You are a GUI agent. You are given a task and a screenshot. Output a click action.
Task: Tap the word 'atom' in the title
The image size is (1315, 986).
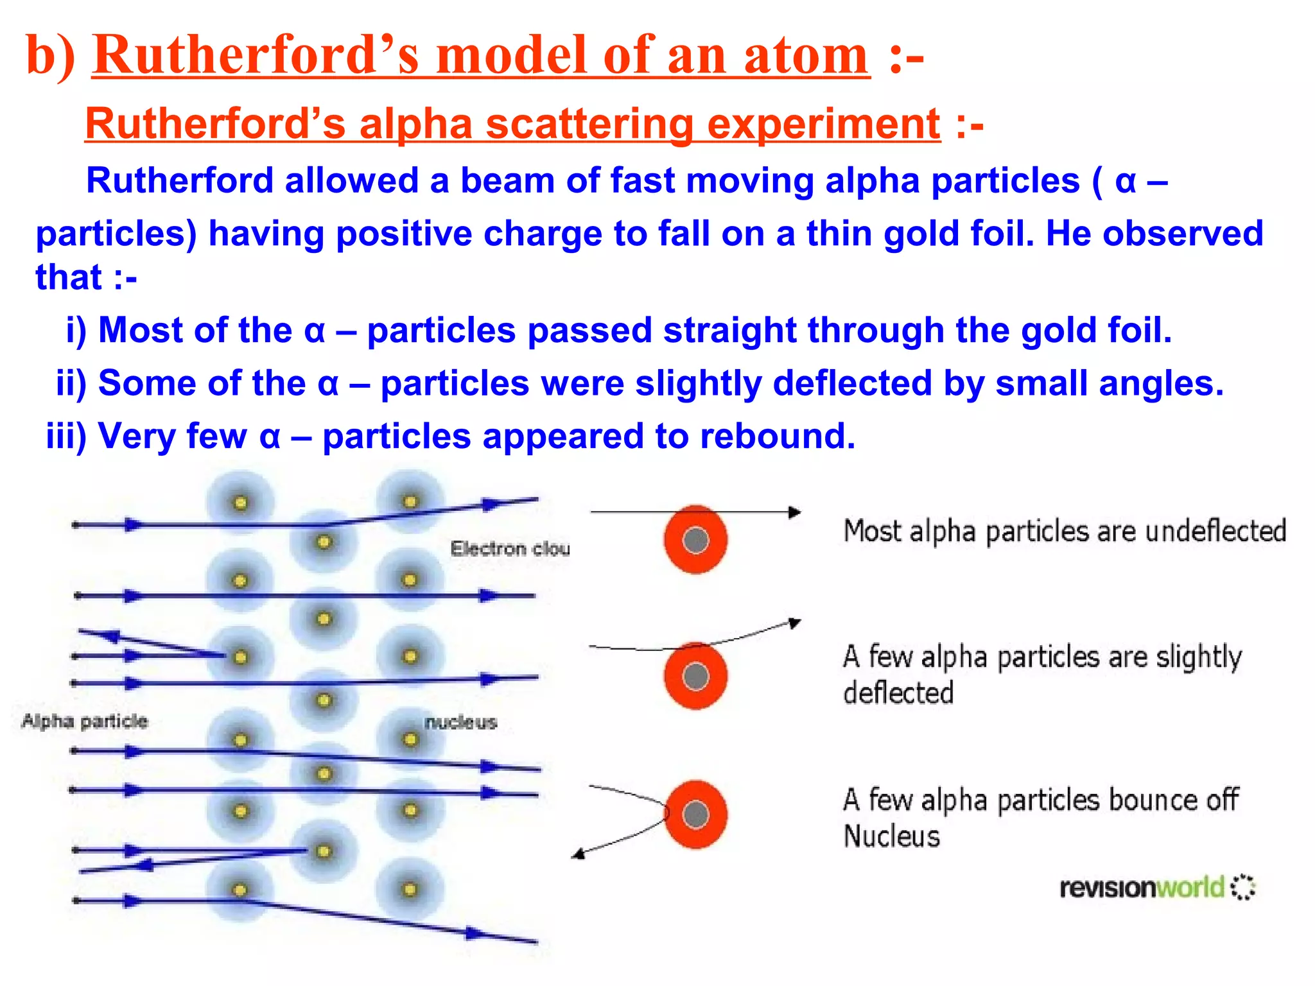(806, 55)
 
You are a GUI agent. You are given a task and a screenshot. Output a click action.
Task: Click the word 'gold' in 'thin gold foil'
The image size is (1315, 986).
(921, 234)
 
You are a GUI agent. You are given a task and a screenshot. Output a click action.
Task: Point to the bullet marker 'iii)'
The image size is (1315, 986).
(66, 437)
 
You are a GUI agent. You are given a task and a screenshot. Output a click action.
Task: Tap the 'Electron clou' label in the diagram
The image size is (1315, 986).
(510, 549)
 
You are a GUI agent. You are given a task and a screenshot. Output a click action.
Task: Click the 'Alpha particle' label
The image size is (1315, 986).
(85, 721)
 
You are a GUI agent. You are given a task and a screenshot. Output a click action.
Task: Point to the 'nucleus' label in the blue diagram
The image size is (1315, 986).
(460, 722)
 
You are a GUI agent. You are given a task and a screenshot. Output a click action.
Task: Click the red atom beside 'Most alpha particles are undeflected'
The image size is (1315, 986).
(695, 540)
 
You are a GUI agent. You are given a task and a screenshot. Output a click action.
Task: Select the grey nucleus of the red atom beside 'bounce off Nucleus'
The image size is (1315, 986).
(695, 815)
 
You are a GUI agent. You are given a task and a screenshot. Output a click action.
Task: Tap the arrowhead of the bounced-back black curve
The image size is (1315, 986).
(578, 854)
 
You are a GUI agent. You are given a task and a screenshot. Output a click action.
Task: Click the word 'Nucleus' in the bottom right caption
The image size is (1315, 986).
(891, 836)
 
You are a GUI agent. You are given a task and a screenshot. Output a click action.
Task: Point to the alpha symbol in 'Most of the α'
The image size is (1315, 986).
(315, 331)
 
